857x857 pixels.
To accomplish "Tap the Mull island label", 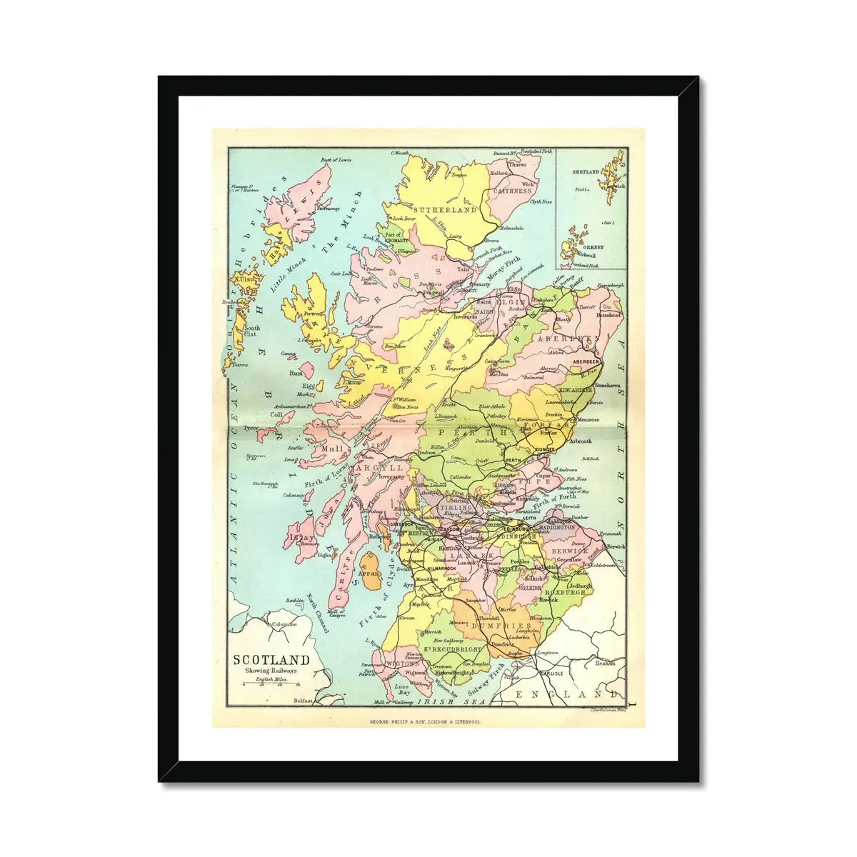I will coord(334,449).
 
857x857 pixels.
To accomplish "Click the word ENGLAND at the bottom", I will coord(567,694).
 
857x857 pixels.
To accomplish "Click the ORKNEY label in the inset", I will coord(593,247).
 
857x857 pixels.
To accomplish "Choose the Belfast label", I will coord(304,702).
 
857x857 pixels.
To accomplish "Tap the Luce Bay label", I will coord(404,689).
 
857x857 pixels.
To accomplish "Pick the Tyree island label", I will coord(250,428).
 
